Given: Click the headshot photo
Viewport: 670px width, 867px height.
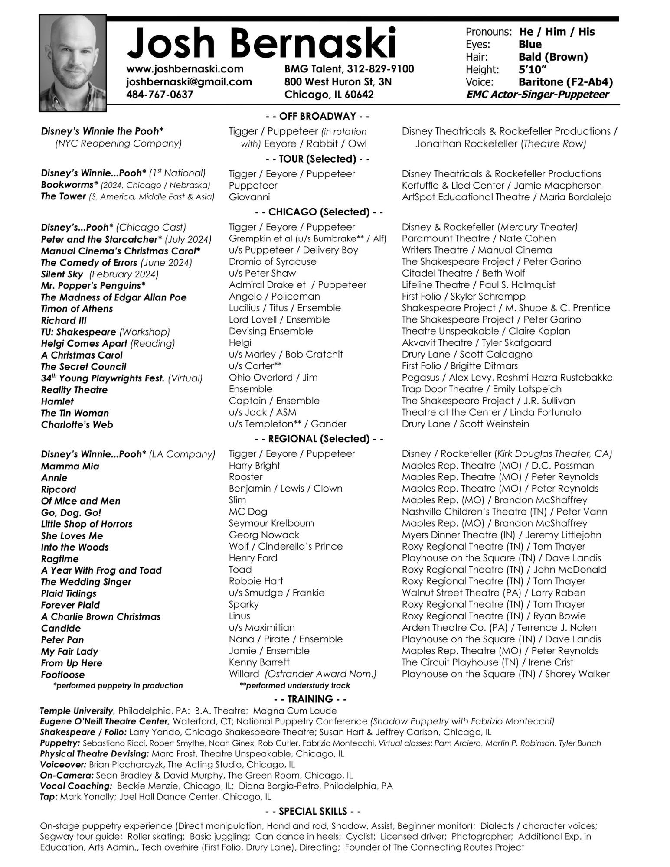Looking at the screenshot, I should pyautogui.click(x=73, y=63).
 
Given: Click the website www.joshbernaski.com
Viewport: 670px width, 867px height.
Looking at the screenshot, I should pyautogui.click(x=185, y=69).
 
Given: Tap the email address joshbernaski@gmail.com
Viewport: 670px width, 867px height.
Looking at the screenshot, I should pyautogui.click(x=189, y=82).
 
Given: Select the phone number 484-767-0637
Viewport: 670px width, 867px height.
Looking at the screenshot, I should pyautogui.click(x=160, y=95).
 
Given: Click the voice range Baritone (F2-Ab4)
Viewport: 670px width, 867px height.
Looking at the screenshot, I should pyautogui.click(x=565, y=82).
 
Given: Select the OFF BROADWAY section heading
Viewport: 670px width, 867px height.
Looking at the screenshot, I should pyautogui.click(x=317, y=116).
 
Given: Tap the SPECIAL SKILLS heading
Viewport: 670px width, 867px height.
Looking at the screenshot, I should pyautogui.click(x=313, y=811).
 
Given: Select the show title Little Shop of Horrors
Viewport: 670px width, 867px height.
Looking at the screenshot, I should pyautogui.click(x=86, y=524).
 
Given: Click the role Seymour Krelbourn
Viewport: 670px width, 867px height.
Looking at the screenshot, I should pyautogui.click(x=271, y=523).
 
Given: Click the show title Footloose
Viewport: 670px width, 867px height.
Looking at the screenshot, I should pyautogui.click(x=63, y=675).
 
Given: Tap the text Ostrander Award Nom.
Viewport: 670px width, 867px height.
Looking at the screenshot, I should pyautogui.click(x=320, y=674).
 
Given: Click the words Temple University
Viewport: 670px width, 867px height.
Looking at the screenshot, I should pyautogui.click(x=77, y=711).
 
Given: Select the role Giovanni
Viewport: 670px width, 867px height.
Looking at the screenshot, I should pyautogui.click(x=249, y=197).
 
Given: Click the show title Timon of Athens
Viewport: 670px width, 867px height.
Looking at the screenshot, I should pyautogui.click(x=77, y=309).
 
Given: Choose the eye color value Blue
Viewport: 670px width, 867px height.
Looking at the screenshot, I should pyautogui.click(x=529, y=45).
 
